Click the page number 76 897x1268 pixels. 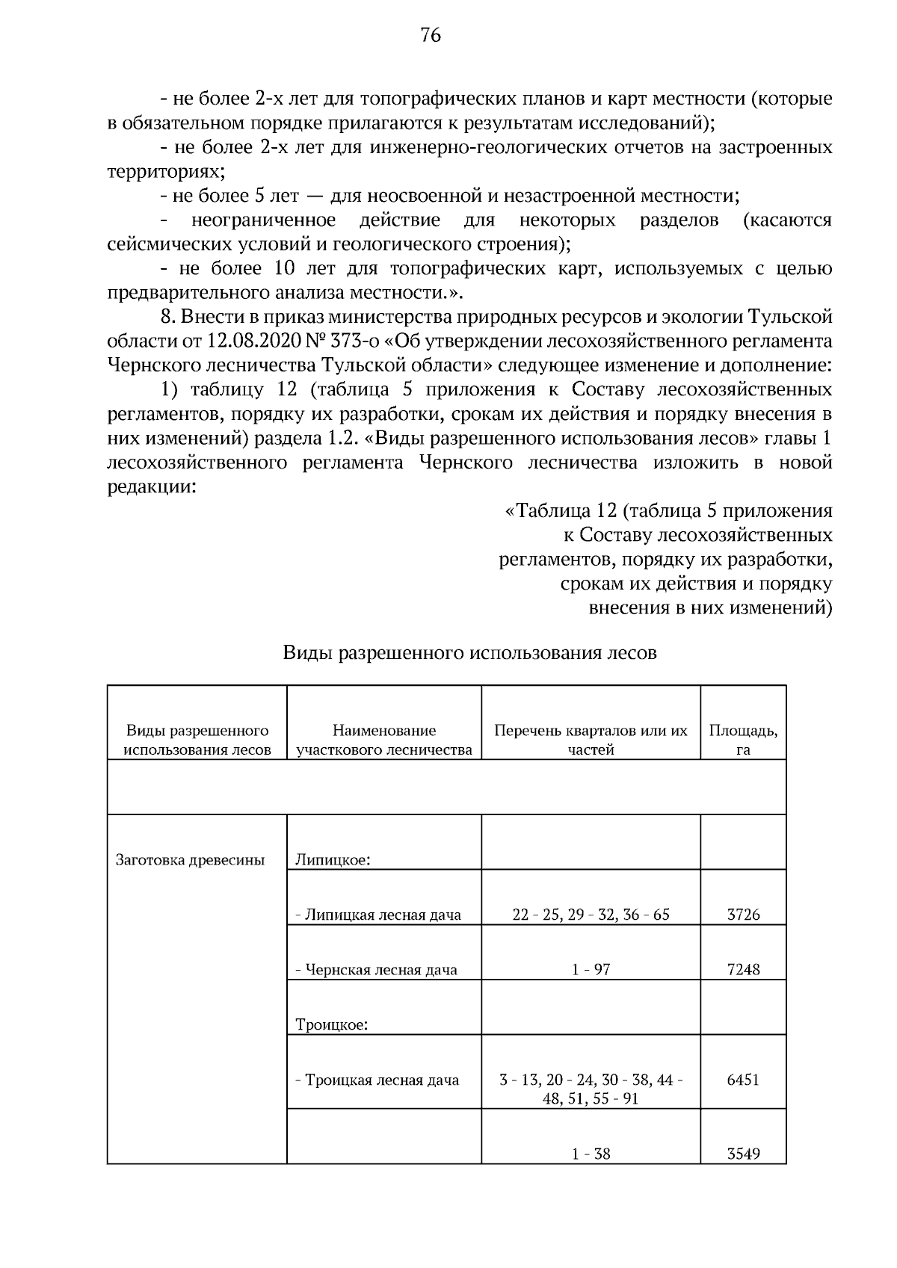click(x=431, y=35)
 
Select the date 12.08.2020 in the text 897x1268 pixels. click(x=247, y=341)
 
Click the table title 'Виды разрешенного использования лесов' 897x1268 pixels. click(x=469, y=653)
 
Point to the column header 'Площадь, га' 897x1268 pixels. click(x=743, y=740)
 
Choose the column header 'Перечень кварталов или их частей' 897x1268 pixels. click(x=591, y=740)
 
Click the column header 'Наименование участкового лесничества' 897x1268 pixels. click(x=384, y=740)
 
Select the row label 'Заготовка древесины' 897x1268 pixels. click(x=191, y=859)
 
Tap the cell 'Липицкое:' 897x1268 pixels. click(x=334, y=859)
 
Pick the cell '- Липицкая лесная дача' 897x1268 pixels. click(x=378, y=915)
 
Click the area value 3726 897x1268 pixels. click(x=743, y=915)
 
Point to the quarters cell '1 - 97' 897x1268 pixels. click(x=591, y=970)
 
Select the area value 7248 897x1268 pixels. click(x=743, y=970)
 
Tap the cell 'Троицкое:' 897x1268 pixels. click(x=332, y=1024)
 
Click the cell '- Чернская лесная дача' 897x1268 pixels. click(x=377, y=970)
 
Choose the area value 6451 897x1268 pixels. click(x=743, y=1080)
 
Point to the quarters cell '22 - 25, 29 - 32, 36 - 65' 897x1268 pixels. click(x=591, y=915)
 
